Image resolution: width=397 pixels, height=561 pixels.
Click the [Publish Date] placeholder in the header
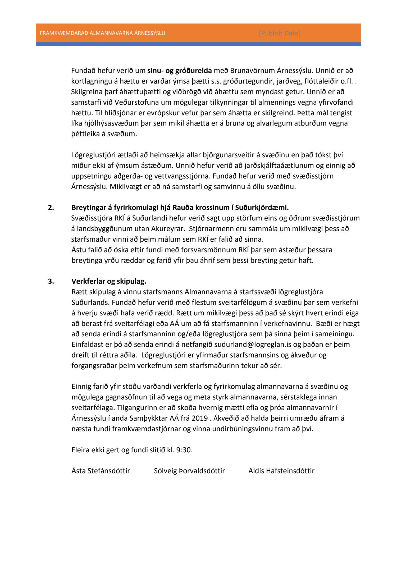coord(280,33)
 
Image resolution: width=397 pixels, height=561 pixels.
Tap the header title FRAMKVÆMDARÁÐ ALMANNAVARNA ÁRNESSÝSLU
coord(102,33)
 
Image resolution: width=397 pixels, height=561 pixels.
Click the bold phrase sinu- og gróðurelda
coord(180,71)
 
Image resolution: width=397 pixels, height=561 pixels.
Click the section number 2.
coord(51,208)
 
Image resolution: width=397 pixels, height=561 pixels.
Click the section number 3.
coord(51,281)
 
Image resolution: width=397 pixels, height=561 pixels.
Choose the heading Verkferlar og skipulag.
coord(109,281)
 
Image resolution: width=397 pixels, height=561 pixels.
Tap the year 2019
coord(199,418)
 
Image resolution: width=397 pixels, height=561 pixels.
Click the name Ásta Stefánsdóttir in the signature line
coord(101,471)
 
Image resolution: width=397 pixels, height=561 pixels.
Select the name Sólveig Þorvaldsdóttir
coord(189,471)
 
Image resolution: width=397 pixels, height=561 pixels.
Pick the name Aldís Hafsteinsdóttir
coord(281,471)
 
